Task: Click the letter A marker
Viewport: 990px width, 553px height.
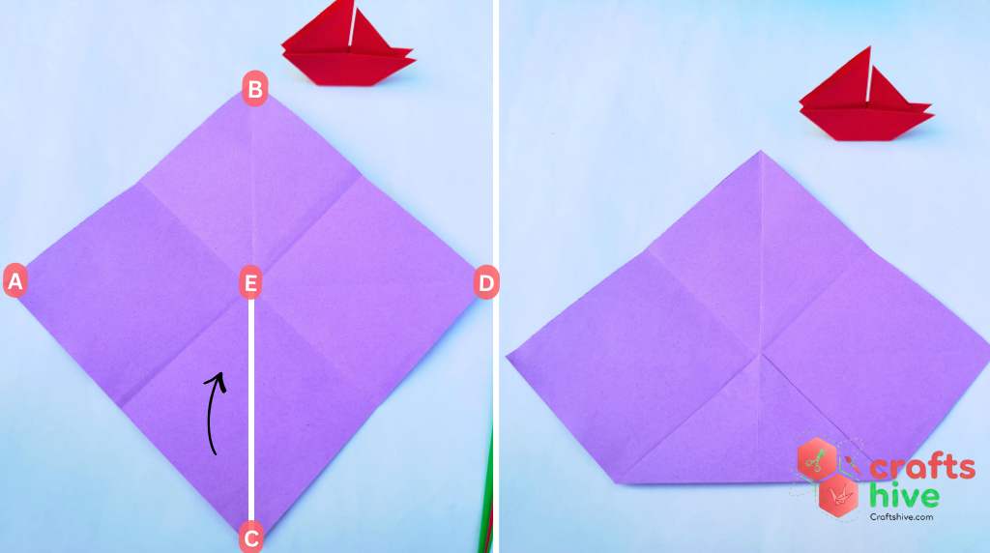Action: click(x=15, y=281)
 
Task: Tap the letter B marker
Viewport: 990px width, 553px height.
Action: click(x=255, y=88)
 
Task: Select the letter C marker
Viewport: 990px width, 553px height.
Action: click(x=250, y=538)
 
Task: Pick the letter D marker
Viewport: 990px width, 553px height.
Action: click(x=486, y=282)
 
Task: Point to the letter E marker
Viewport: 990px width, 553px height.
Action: click(x=250, y=283)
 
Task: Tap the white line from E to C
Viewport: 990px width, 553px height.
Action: click(x=251, y=410)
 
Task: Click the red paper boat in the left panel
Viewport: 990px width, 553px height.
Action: click(x=348, y=44)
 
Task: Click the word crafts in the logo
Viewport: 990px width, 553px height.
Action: click(x=922, y=468)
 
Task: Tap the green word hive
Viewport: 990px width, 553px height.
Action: click(x=904, y=495)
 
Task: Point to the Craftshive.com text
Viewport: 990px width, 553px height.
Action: click(x=901, y=517)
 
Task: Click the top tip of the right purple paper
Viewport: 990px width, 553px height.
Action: click(x=761, y=151)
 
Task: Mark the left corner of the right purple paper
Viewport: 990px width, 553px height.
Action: click(x=507, y=358)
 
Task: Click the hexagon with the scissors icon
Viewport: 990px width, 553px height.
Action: click(x=816, y=459)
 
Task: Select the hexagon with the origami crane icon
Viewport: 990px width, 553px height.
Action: click(x=838, y=496)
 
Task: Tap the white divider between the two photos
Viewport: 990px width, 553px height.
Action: click(x=496, y=276)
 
